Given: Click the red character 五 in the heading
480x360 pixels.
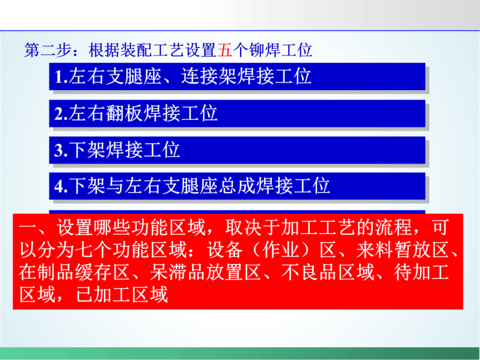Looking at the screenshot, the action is pyautogui.click(x=225, y=50).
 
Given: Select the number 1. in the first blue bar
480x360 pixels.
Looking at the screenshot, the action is pyautogui.click(x=61, y=76).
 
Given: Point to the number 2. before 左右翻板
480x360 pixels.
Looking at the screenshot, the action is pyautogui.click(x=61, y=114).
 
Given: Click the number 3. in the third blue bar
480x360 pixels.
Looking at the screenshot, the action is pyautogui.click(x=61, y=150).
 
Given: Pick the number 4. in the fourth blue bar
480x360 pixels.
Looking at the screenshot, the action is pyautogui.click(x=61, y=186).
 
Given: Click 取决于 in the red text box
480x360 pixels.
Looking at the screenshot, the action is pyautogui.click(x=252, y=227).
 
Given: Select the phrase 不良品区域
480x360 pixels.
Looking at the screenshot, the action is pyautogui.click(x=328, y=272).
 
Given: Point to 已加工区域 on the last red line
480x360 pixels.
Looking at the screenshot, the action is pyautogui.click(x=122, y=294).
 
